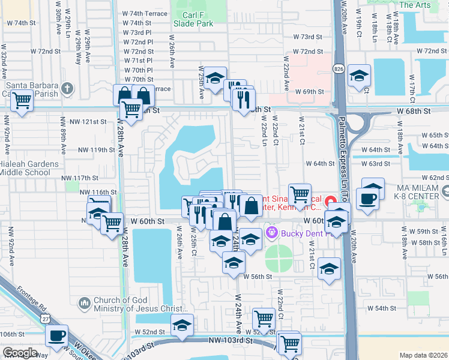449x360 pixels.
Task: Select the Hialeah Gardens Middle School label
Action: point(29,168)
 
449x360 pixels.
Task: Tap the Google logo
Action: point(20,353)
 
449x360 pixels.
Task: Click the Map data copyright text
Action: point(424,355)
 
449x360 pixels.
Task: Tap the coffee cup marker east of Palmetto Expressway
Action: point(367,197)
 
